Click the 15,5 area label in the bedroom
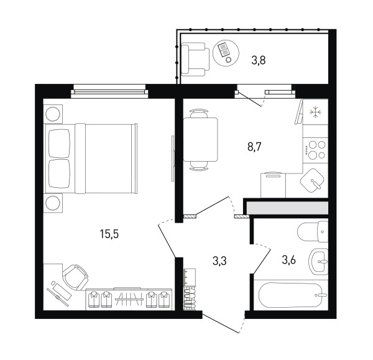109,234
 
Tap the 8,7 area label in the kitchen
254,147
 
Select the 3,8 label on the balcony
259,60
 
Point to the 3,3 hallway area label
219,261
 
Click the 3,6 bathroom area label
289,260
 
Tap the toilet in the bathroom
313,232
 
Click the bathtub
292,295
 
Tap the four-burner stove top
315,150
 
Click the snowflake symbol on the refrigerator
315,111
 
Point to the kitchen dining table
200,140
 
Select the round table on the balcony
226,52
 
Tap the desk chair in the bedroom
75,277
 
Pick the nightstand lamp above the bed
52,114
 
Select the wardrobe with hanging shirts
129,299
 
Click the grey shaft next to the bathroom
287,208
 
